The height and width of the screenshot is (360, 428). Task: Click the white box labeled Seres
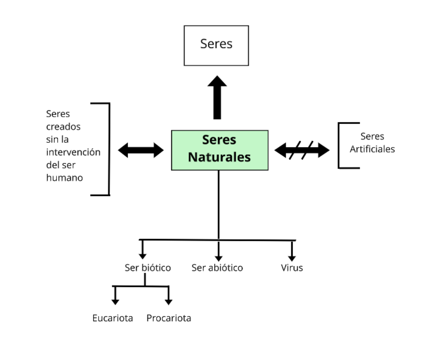(x=216, y=46)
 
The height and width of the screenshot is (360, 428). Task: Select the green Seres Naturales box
(x=219, y=150)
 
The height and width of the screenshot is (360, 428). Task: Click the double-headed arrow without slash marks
(x=141, y=150)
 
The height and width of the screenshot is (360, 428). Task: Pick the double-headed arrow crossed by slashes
(x=302, y=150)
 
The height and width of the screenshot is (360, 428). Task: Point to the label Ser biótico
(x=148, y=267)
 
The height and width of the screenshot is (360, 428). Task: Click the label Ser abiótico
(x=217, y=267)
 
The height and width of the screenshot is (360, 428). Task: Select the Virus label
(x=292, y=267)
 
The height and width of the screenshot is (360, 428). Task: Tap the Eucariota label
(x=113, y=318)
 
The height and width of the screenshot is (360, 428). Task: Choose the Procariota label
(x=169, y=318)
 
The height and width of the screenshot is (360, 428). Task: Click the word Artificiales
(x=372, y=149)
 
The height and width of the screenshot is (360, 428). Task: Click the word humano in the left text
(x=65, y=178)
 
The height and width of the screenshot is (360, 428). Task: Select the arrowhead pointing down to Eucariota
(x=115, y=301)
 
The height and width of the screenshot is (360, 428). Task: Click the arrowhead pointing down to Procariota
(x=169, y=301)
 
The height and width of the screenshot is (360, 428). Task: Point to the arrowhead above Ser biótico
(x=142, y=255)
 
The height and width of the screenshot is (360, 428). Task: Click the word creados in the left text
(x=63, y=126)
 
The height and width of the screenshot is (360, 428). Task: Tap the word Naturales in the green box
(x=219, y=157)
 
